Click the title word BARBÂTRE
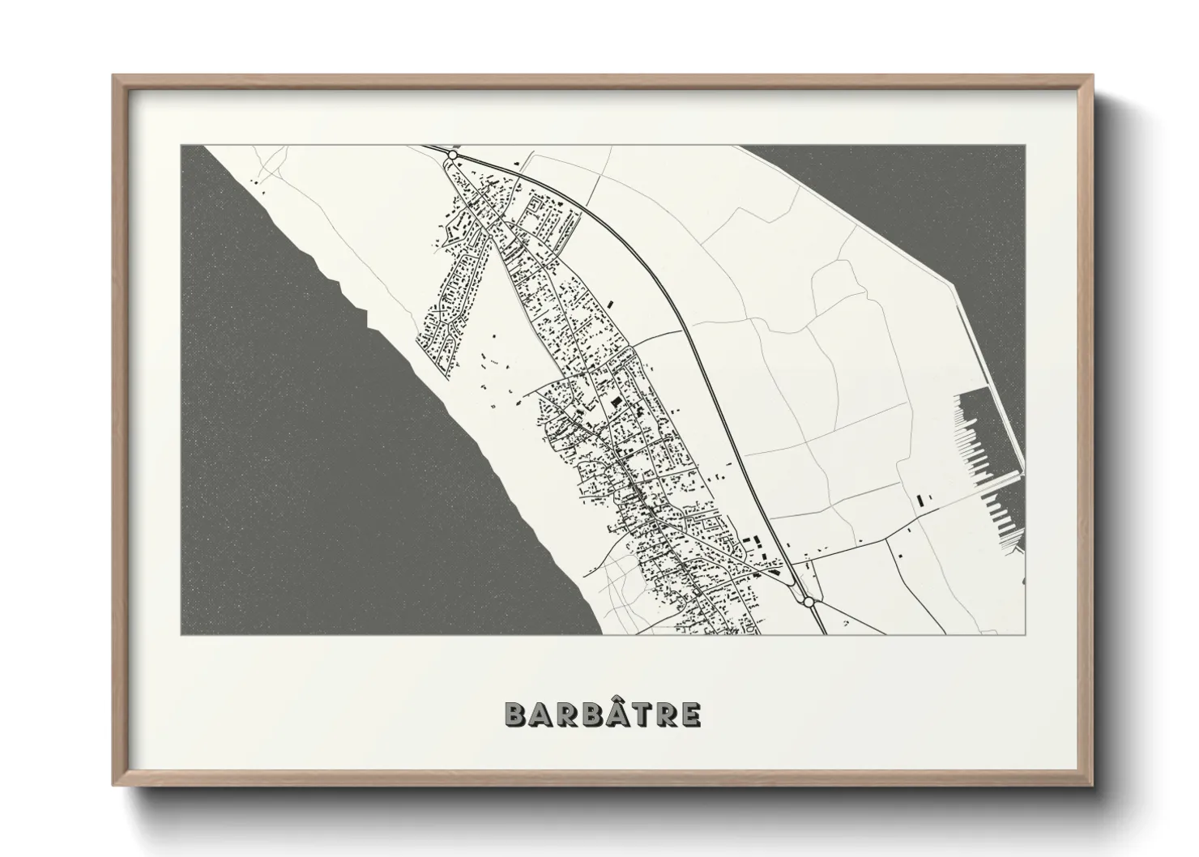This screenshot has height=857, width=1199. pos(603,714)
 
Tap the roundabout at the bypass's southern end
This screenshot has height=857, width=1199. pos(808,602)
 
